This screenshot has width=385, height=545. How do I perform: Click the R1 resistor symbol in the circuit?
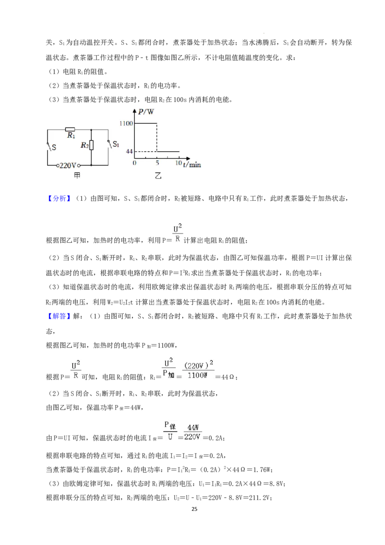70,130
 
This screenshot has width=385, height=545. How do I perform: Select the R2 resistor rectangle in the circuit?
91,145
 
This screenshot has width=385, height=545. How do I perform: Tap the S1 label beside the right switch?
116,144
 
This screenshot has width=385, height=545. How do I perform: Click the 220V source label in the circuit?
68,166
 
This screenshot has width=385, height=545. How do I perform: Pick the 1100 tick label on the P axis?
126,123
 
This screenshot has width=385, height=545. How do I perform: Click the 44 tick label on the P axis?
129,152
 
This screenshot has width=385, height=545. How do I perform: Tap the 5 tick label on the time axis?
157,163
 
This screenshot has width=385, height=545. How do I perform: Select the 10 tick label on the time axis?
178,163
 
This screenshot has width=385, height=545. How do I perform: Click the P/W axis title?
146,112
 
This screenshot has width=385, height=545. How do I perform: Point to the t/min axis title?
192,164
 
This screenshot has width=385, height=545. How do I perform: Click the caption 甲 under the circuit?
77,176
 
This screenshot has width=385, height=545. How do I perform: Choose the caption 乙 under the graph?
158,176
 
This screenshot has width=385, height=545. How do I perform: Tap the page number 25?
194,509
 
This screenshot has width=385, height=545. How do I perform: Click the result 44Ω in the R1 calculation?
228,377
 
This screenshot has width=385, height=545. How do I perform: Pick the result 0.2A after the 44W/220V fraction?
216,438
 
